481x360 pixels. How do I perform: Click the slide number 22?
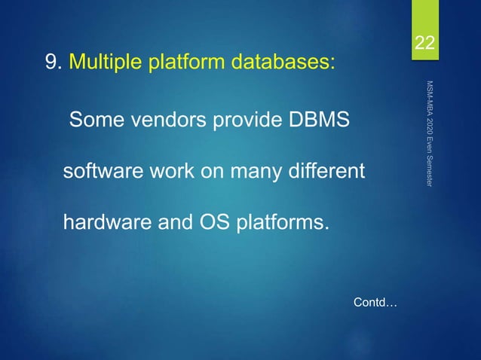point(427,44)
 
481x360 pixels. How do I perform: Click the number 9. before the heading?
point(54,62)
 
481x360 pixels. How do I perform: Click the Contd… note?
point(375,303)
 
